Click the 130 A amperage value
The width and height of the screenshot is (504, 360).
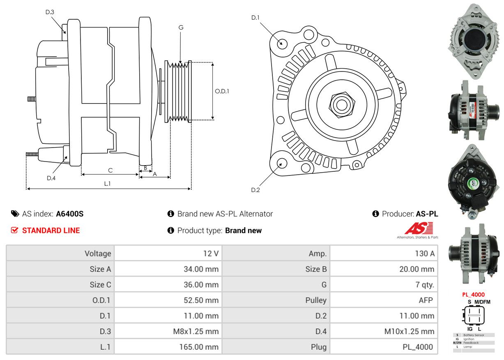pyautogui.click(x=424, y=254)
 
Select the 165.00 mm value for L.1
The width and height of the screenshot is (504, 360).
pyautogui.click(x=198, y=347)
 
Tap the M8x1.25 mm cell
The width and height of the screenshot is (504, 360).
pyautogui.click(x=196, y=331)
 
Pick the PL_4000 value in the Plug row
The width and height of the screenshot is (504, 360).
pyautogui.click(x=417, y=347)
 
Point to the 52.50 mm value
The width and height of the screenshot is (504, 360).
pyautogui.click(x=201, y=300)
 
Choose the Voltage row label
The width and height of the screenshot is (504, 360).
pyautogui.click(x=98, y=254)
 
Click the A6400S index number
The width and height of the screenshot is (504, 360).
pyautogui.click(x=70, y=214)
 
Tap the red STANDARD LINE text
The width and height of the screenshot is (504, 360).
pyautogui.click(x=51, y=231)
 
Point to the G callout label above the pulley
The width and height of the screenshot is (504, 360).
pyautogui.click(x=181, y=28)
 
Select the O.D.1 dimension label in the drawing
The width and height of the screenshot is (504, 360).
pyautogui.click(x=222, y=91)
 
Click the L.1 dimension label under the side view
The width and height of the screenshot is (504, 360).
pyautogui.click(x=107, y=184)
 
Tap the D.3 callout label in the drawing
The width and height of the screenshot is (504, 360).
pyautogui.click(x=50, y=12)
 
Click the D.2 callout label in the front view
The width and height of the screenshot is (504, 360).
pyautogui.click(x=255, y=190)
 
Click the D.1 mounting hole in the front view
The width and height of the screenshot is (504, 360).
pyautogui.click(x=282, y=43)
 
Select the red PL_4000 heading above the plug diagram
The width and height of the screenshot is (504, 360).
pyautogui.click(x=473, y=294)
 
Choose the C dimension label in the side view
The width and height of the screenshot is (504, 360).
pyautogui.click(x=110, y=170)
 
